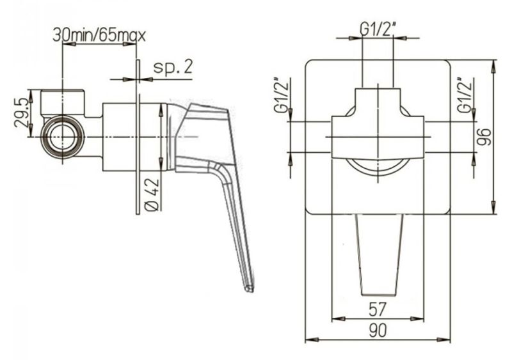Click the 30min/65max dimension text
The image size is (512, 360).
tap(99, 35)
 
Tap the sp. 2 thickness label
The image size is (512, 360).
tap(173, 67)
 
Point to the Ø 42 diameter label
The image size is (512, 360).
tap(152, 195)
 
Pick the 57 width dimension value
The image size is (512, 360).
tap(378, 309)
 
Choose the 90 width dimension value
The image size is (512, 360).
tap(378, 331)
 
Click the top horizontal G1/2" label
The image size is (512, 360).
tap(378, 29)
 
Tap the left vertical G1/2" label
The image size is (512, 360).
tap(282, 96)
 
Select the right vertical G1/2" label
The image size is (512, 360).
tap(465, 96)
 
